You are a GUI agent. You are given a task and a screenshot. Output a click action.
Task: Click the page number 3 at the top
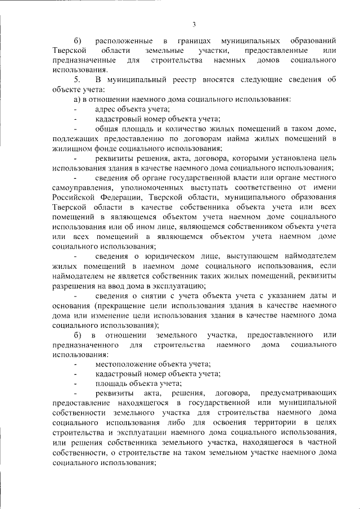click(x=193, y=24)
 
